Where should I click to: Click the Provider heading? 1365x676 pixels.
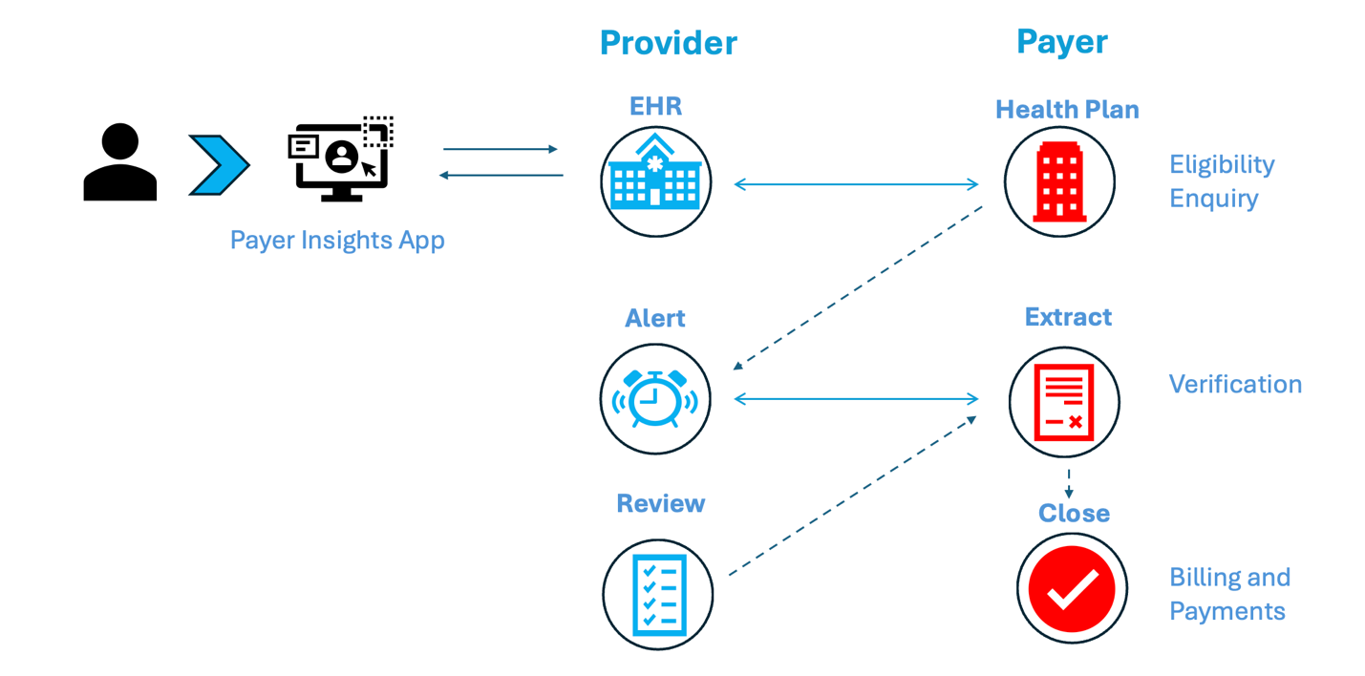[668, 43]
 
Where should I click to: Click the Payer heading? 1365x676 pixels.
[1061, 42]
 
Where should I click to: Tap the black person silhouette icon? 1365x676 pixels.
[120, 162]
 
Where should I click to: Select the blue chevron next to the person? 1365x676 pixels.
[219, 165]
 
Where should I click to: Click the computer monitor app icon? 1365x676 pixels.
[340, 158]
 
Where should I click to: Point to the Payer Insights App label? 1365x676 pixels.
[337, 240]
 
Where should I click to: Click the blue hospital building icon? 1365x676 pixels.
[655, 180]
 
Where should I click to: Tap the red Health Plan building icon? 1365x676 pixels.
[1059, 181]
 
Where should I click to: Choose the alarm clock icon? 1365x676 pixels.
[655, 398]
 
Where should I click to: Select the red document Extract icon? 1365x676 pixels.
[1064, 401]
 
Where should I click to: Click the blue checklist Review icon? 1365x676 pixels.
[658, 594]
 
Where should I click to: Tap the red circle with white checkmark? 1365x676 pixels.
[1072, 589]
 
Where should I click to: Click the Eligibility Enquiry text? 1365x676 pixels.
[1221, 181]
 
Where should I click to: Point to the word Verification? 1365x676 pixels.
[1235, 385]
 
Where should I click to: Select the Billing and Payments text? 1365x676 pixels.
[1229, 594]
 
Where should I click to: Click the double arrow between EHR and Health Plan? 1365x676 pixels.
[856, 184]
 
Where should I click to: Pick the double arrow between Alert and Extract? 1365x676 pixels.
[856, 398]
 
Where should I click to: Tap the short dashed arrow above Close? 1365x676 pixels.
[1068, 482]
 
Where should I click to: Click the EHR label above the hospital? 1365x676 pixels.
[655, 106]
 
